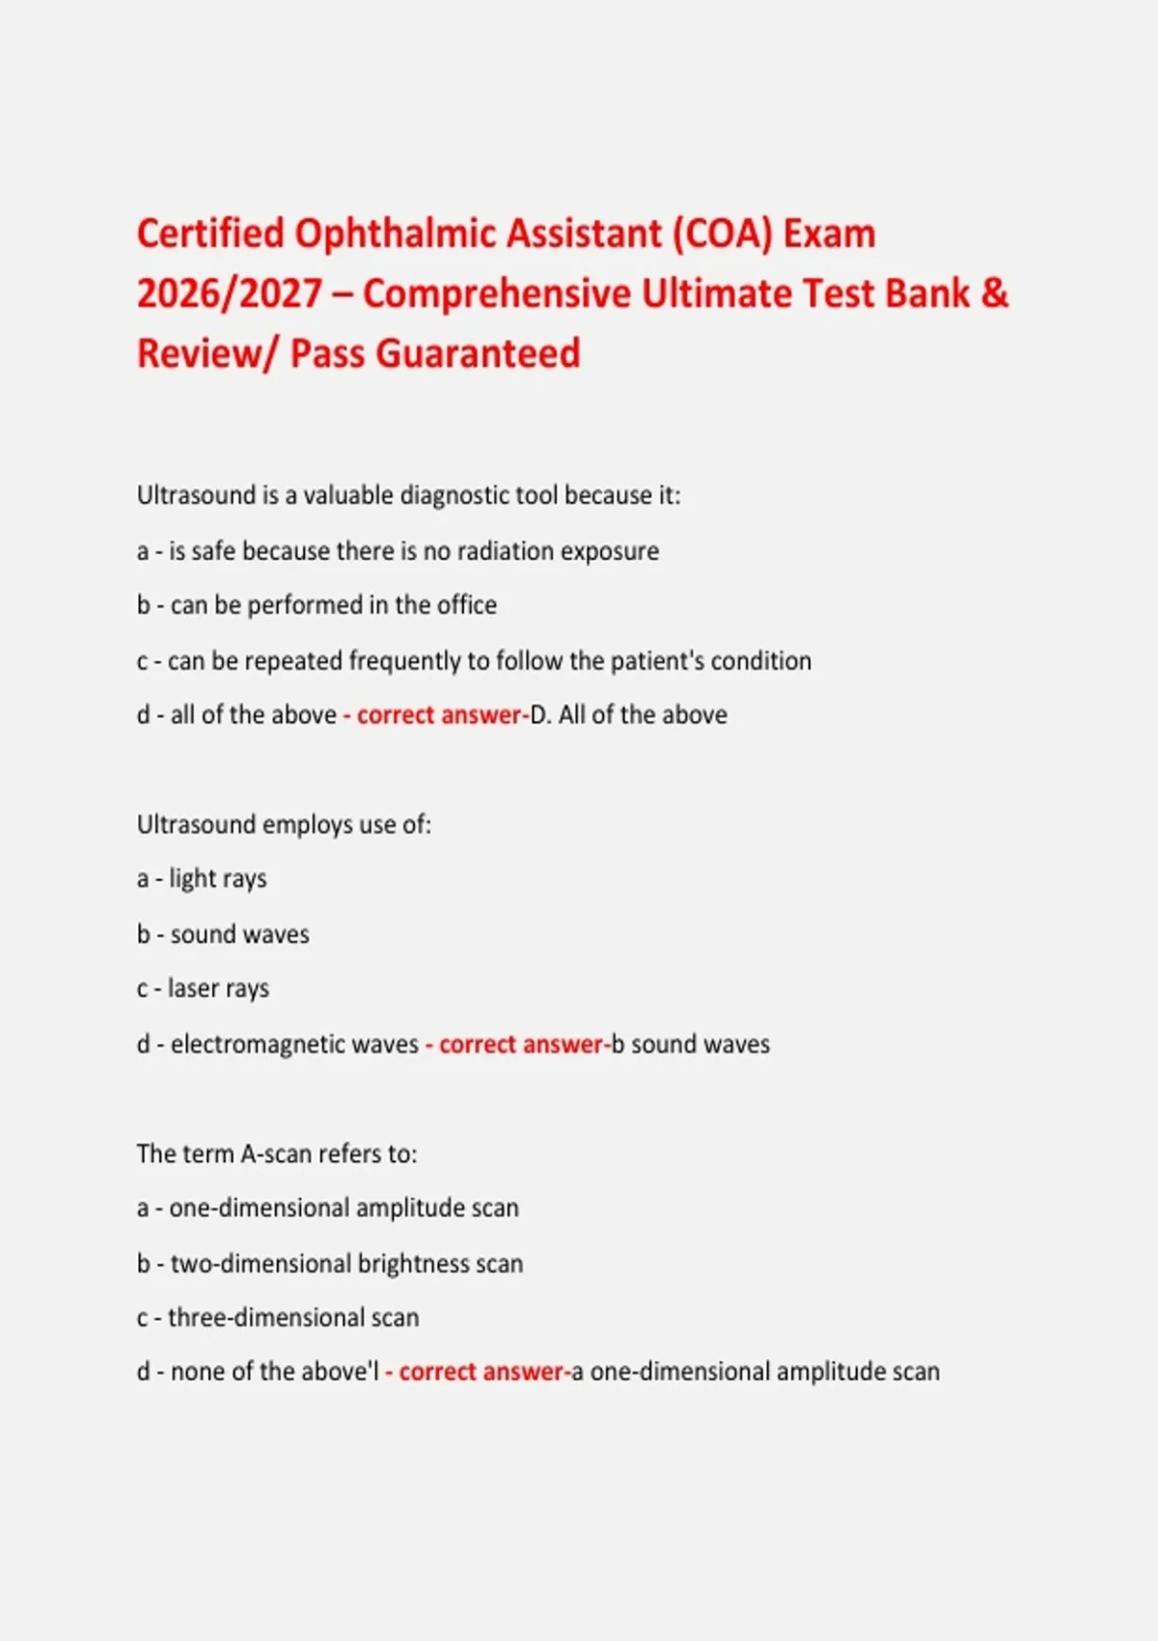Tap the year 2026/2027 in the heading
point(230,294)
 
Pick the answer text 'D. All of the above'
point(629,715)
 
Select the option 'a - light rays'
point(202,879)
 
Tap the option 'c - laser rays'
point(203,989)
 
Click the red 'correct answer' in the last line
point(481,1373)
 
